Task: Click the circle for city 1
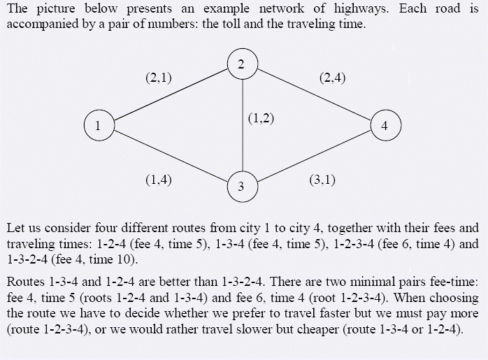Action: (x=99, y=126)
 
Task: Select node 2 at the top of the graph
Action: (x=241, y=65)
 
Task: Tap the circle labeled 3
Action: (x=241, y=187)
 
